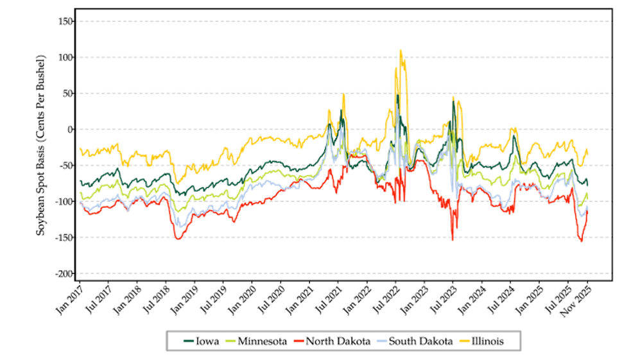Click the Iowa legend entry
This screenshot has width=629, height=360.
point(207,341)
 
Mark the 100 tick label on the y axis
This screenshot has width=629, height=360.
point(64,56)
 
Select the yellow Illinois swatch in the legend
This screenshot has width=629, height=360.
point(476,341)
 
